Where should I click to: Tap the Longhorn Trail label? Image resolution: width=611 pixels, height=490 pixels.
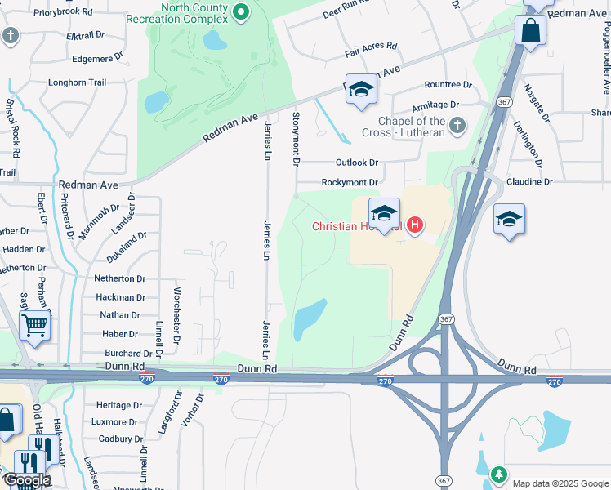(x=78, y=82)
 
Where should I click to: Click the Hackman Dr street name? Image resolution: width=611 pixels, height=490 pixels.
(x=121, y=299)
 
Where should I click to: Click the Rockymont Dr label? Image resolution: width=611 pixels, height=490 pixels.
(x=349, y=183)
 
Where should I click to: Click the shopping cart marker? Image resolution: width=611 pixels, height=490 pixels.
(x=34, y=325)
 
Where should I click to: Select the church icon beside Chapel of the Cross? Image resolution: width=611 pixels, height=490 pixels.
(x=457, y=126)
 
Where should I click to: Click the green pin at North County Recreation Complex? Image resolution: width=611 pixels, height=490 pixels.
(x=240, y=11)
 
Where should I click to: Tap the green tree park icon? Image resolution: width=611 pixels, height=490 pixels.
(x=498, y=474)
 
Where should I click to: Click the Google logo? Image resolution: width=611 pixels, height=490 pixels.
(x=27, y=480)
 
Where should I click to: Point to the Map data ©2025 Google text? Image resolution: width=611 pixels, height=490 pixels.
(x=560, y=483)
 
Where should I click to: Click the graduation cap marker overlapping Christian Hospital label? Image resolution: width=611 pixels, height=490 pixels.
(x=384, y=214)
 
